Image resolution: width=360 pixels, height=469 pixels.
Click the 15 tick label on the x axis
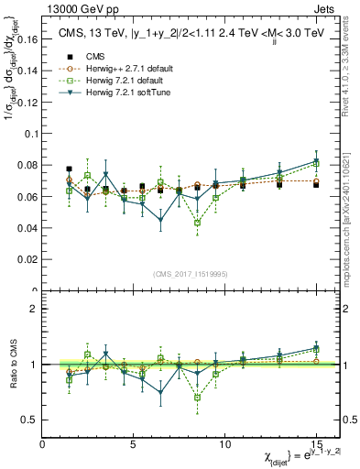point(316,444)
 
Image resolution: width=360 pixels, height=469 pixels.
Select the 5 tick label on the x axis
point(134,444)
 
